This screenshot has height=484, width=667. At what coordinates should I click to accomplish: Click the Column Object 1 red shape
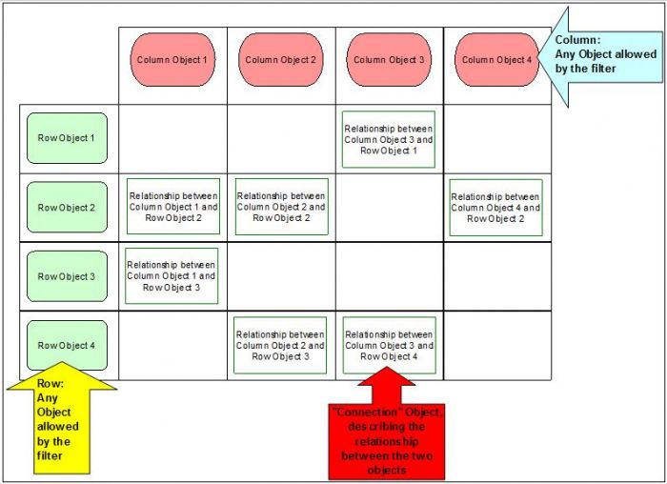(172, 59)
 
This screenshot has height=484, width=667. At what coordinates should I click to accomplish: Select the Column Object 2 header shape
(281, 59)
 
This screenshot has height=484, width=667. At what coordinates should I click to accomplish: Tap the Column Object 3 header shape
(389, 59)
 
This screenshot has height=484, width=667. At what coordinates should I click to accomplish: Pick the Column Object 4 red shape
(496, 59)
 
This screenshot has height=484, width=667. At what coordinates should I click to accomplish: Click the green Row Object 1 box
(67, 138)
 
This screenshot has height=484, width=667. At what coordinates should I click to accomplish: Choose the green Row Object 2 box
(67, 207)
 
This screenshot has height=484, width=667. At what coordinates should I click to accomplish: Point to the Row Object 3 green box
(67, 276)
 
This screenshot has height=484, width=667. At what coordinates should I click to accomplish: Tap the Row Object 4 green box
(67, 345)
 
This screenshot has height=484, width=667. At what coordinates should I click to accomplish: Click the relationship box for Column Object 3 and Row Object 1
(389, 139)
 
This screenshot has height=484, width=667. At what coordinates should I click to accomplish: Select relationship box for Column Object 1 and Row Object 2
(173, 207)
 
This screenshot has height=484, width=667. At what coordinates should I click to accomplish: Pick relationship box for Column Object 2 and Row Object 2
(282, 207)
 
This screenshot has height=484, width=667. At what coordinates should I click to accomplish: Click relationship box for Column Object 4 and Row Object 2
(496, 208)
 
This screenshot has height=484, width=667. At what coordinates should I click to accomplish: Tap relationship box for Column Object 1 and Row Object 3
(172, 276)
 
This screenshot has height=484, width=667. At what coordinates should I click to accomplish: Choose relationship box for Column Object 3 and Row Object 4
(389, 345)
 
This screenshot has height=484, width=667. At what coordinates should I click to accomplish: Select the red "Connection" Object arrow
(387, 424)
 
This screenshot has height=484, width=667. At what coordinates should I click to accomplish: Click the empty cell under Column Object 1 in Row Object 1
(172, 139)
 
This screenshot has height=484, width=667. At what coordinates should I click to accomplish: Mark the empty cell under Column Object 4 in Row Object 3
(497, 276)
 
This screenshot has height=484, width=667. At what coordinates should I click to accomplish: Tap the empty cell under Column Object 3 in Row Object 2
(389, 208)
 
